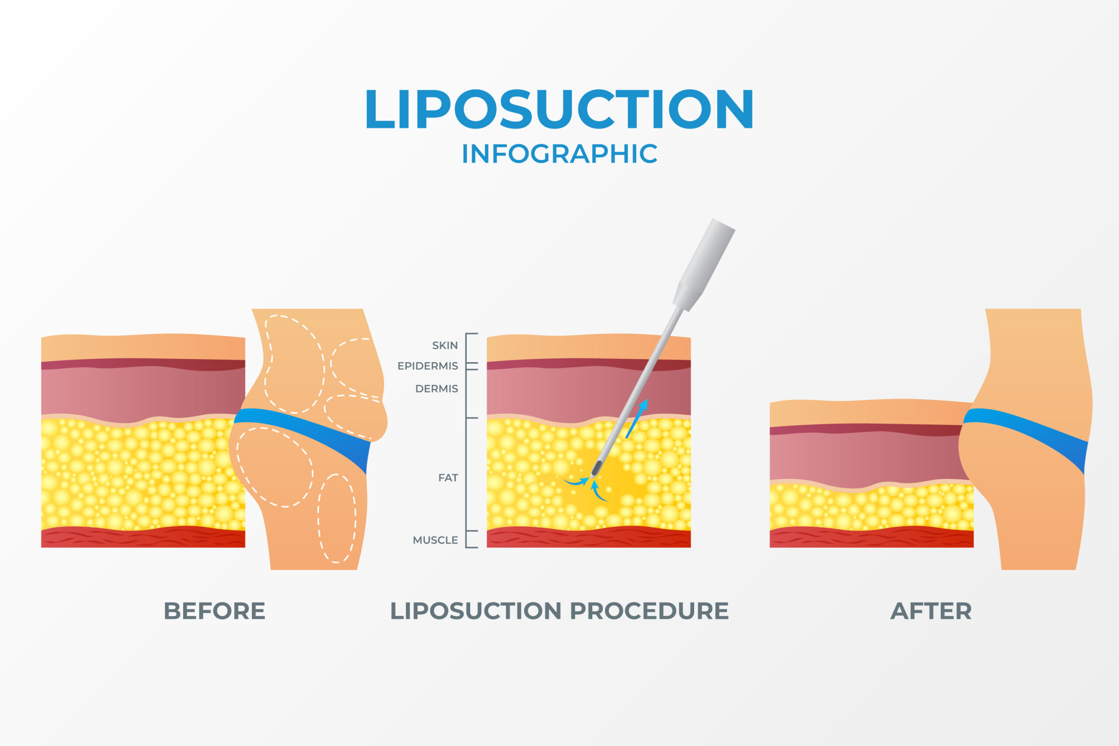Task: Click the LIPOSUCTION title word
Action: tap(559, 109)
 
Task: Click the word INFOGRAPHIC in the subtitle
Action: tap(559, 154)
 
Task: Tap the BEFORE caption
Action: tap(214, 611)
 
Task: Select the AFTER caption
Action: tap(931, 611)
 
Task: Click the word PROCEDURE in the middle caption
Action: tap(649, 611)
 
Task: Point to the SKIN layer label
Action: tap(445, 345)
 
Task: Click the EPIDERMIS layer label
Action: tap(428, 366)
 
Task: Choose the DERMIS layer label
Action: tap(436, 389)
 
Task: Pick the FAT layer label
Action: tap(448, 478)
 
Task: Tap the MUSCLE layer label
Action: tap(435, 540)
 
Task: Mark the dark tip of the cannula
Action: tap(596, 468)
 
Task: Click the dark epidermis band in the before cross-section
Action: tap(143, 364)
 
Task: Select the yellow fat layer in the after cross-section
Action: tap(871, 507)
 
